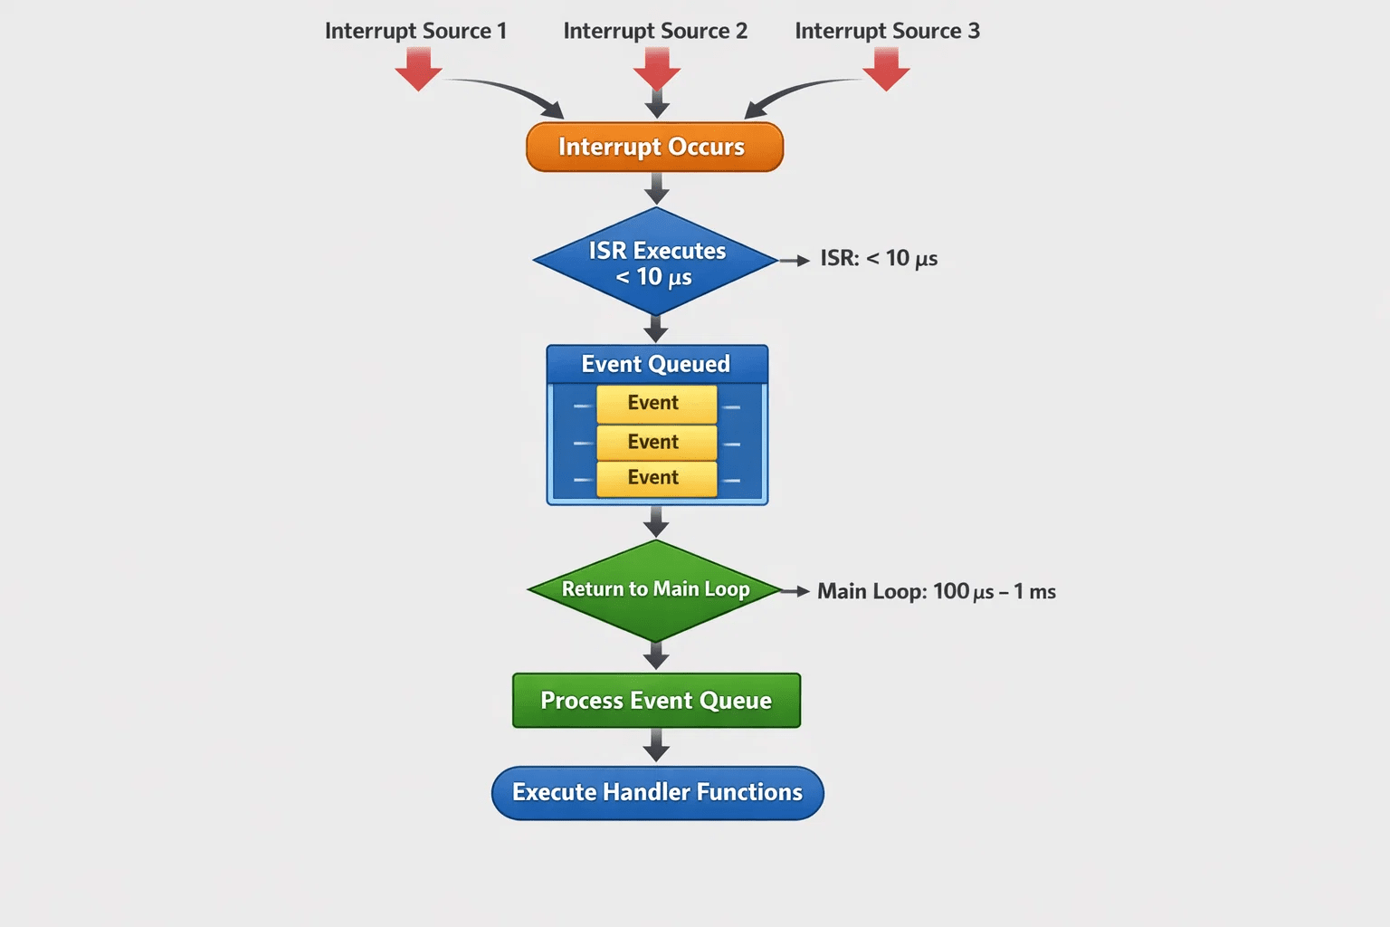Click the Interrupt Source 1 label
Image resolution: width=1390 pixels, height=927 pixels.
tap(415, 31)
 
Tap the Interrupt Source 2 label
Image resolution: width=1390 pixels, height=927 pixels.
tap(655, 31)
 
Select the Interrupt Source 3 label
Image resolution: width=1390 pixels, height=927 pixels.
tap(888, 31)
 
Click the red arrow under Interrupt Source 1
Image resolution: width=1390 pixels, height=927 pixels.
tap(419, 69)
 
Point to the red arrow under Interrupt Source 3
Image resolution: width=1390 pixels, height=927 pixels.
tap(886, 69)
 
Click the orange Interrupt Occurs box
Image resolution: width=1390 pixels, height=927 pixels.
tap(654, 148)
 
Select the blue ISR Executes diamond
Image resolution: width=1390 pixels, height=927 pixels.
tap(655, 262)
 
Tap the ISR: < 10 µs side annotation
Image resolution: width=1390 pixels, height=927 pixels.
tap(879, 258)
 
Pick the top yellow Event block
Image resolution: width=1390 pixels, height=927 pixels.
tap(656, 404)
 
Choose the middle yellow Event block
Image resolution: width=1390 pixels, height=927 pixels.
tap(656, 443)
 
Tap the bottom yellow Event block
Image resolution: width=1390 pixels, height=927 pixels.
tap(656, 479)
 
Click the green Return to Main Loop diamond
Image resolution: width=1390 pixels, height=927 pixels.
tap(655, 590)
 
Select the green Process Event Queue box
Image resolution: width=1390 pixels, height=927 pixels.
tap(656, 701)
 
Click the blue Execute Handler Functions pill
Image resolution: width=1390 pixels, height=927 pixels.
tap(658, 793)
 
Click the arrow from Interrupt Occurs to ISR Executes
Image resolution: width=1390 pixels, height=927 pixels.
tap(656, 189)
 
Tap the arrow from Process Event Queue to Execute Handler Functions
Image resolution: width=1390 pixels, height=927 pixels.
tap(656, 745)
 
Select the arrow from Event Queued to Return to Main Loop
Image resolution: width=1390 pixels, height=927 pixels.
tap(656, 521)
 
